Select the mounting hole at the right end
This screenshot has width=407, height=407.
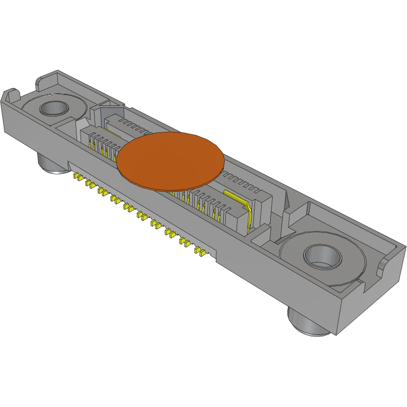click(322, 256)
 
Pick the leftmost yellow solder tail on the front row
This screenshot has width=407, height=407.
click(77, 176)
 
